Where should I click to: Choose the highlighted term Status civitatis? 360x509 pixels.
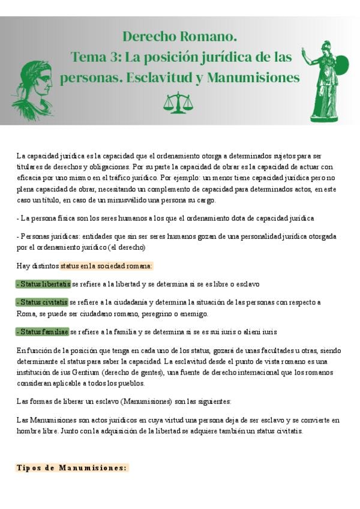(x=41, y=302)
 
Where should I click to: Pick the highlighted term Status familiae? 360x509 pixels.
(x=42, y=331)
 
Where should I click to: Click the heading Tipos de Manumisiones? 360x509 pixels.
(x=72, y=468)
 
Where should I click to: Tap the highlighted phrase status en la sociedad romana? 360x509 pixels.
(x=106, y=265)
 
